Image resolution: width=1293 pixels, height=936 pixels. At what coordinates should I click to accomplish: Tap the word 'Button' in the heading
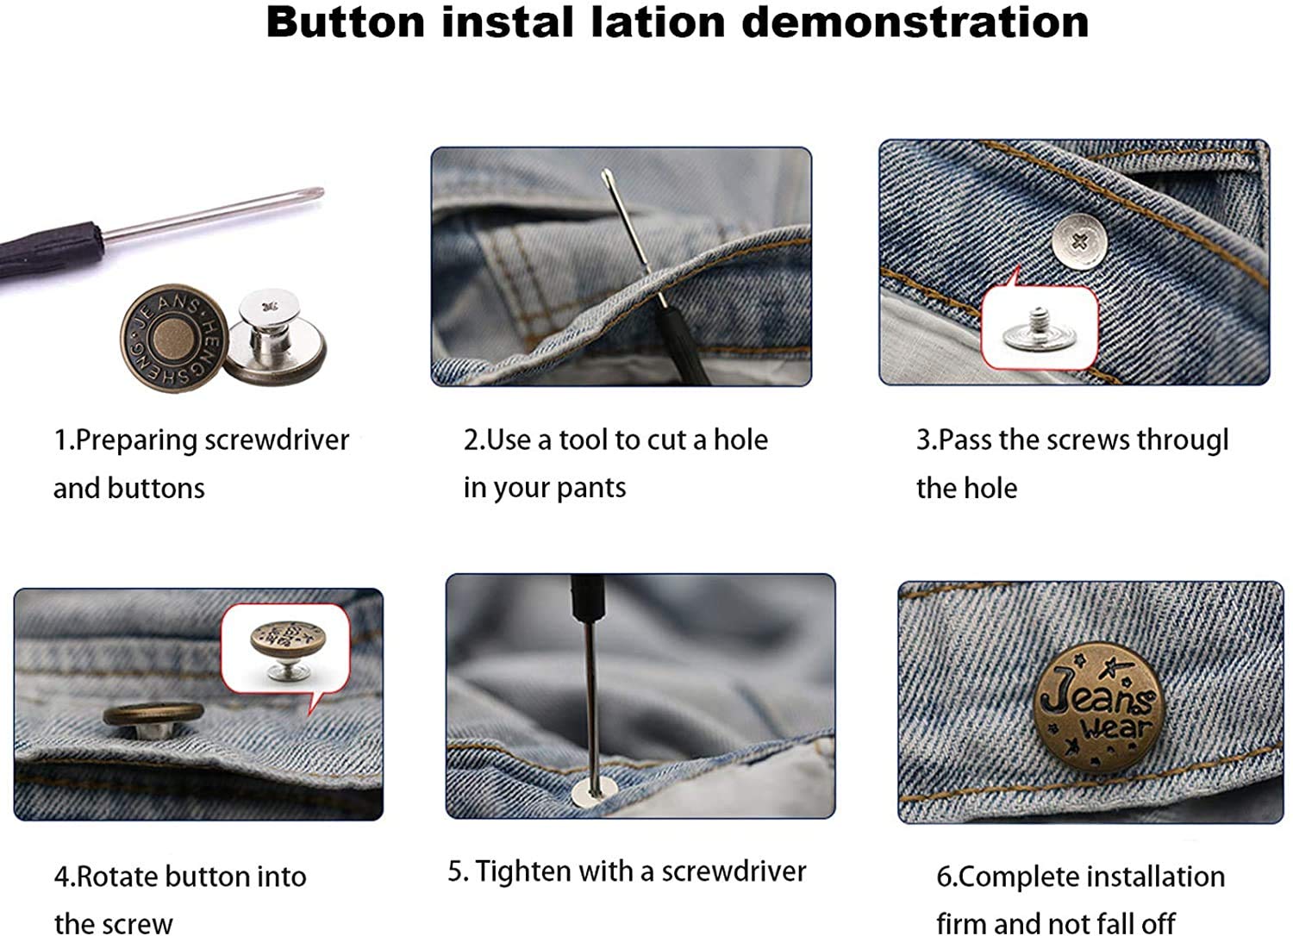(345, 22)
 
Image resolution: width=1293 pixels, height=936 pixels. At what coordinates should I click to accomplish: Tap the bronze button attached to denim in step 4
(153, 718)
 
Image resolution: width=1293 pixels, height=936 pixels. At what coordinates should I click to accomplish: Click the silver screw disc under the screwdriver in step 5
(593, 789)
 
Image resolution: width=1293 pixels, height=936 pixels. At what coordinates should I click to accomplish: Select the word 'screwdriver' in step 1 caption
(277, 440)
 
